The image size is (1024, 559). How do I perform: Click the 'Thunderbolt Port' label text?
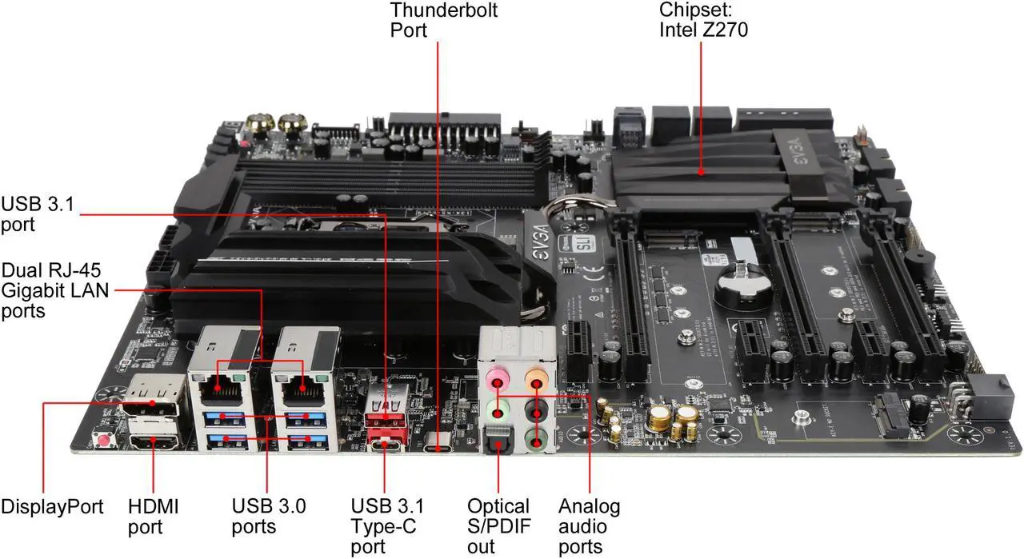(x=443, y=20)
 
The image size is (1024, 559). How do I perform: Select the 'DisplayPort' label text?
(x=52, y=506)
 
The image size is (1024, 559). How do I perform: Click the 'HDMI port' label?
(x=154, y=516)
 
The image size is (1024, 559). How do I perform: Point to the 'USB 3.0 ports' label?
(x=269, y=516)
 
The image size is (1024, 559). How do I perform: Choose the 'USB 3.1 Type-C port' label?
(x=387, y=526)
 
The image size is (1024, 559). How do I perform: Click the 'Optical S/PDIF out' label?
(x=498, y=526)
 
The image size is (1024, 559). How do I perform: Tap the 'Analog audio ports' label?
(x=589, y=526)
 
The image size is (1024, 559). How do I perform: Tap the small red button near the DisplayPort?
(x=103, y=439)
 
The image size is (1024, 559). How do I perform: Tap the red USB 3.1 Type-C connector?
(x=386, y=443)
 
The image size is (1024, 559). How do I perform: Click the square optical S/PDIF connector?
(x=496, y=441)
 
